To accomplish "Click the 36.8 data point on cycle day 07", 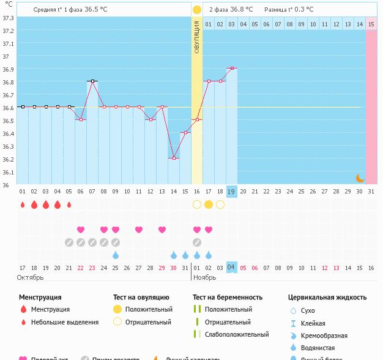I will (92, 81).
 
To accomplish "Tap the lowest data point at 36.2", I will (174, 158).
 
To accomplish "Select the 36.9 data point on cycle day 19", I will (232, 68).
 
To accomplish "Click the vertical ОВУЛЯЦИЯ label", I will (196, 37).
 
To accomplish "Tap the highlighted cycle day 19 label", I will (231, 191).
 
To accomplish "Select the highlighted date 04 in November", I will (231, 267).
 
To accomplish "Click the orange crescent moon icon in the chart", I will (360, 178).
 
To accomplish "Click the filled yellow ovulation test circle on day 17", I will (209, 204).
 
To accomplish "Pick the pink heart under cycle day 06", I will (81, 230).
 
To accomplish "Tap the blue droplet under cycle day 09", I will (116, 255).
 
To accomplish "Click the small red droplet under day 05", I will (69, 204).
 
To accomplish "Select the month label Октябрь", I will (31, 277).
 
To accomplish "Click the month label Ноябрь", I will (205, 277).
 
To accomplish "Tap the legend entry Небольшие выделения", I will (64, 322).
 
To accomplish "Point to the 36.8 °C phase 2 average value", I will (244, 10).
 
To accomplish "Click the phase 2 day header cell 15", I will (371, 24).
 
